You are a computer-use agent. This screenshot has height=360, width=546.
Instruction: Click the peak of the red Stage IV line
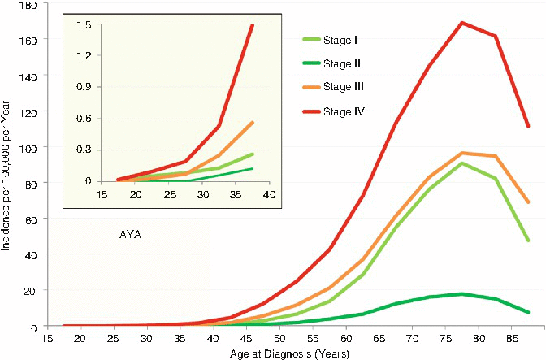462,23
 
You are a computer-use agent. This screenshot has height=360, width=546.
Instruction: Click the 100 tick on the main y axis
33,148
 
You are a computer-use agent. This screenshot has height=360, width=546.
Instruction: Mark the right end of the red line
528,126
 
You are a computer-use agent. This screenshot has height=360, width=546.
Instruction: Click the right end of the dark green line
528,312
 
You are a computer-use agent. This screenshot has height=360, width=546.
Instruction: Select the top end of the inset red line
253,25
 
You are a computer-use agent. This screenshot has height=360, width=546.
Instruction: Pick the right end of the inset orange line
253,122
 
